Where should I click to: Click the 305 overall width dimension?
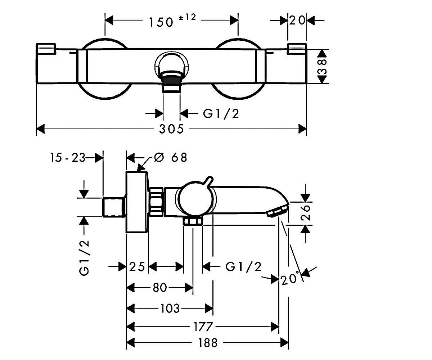(x=171, y=129)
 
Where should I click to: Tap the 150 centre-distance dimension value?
(x=161, y=22)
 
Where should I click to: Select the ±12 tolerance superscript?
(x=187, y=17)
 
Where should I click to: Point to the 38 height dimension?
(x=322, y=67)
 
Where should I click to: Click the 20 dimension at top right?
(x=297, y=21)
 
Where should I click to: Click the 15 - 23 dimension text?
(x=68, y=158)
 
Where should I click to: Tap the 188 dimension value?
(x=208, y=343)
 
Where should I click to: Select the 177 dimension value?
(x=203, y=327)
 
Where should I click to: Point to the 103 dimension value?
(x=170, y=309)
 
